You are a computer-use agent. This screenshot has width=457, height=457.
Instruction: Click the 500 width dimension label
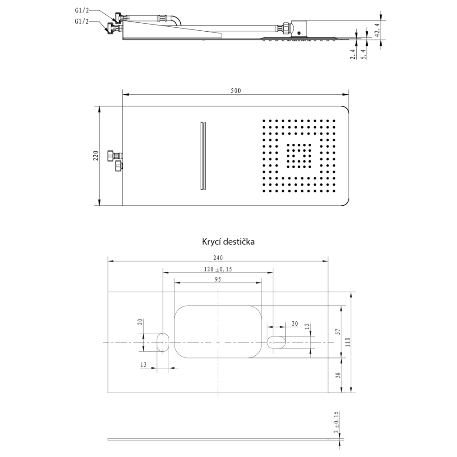pyautogui.click(x=236, y=91)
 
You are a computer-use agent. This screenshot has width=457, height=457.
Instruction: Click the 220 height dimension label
pyautogui.click(x=96, y=156)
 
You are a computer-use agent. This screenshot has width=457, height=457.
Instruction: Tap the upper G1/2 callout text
pyautogui.click(x=82, y=11)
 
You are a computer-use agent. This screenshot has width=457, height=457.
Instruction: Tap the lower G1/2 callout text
pyautogui.click(x=82, y=21)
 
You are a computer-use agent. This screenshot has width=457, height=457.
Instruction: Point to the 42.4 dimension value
pyautogui.click(x=377, y=30)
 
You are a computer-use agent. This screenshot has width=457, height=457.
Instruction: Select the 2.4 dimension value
pyautogui.click(x=353, y=54)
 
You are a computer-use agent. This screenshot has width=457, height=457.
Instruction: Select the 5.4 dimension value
pyautogui.click(x=363, y=54)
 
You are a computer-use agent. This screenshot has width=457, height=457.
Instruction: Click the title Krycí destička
pyautogui.click(x=228, y=241)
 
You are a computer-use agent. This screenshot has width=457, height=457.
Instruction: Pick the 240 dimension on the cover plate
pyautogui.click(x=218, y=258)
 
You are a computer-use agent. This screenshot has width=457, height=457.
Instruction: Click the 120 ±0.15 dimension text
pyautogui.click(x=218, y=269)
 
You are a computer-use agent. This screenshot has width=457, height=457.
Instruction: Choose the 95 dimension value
pyautogui.click(x=218, y=279)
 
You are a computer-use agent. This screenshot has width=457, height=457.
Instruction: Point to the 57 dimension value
pyautogui.click(x=338, y=332)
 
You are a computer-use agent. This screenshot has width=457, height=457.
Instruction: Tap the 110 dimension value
pyautogui.click(x=348, y=342)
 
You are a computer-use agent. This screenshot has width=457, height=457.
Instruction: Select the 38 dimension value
pyautogui.click(x=338, y=375)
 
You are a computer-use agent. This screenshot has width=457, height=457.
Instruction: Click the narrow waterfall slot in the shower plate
pyautogui.click(x=203, y=156)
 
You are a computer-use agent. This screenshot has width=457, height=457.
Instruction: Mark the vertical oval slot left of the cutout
pyautogui.click(x=162, y=342)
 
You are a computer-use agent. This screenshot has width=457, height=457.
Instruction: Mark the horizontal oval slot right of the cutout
pyautogui.click(x=276, y=342)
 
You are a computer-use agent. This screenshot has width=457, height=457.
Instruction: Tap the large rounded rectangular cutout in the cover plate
pyautogui.click(x=218, y=332)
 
